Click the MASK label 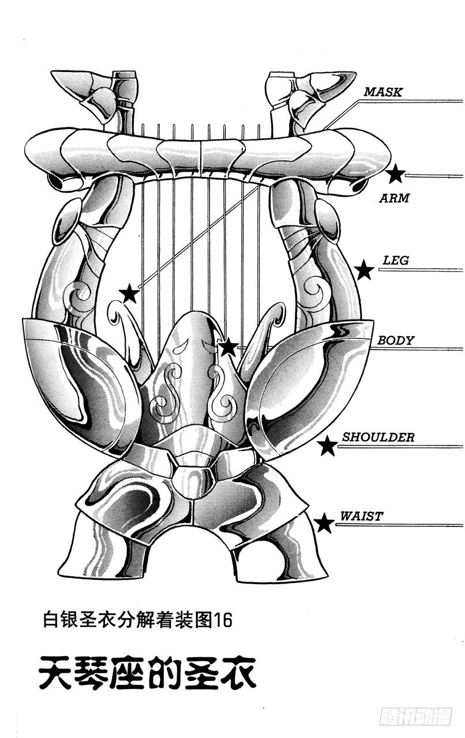click(382, 92)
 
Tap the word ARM click(394, 198)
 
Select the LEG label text click(396, 261)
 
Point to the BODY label click(396, 340)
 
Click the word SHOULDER click(378, 437)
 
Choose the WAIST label click(361, 516)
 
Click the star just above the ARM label click(396, 174)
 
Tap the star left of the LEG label click(364, 270)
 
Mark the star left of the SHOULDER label click(328, 445)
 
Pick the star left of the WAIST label click(324, 524)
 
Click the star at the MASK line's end click(129, 294)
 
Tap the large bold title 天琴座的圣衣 click(148, 671)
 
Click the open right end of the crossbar click(361, 185)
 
